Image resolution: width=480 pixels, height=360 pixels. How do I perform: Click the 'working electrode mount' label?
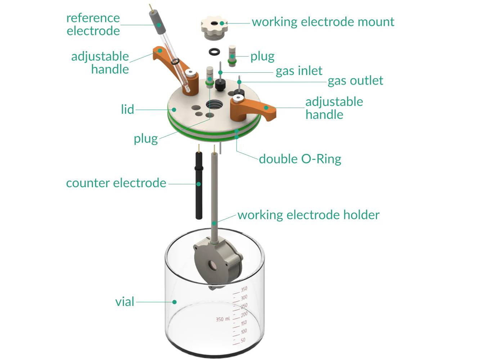coord(323,22)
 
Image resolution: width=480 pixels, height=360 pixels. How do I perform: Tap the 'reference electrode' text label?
coord(93,24)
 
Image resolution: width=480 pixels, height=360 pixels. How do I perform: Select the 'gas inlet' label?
coord(299,71)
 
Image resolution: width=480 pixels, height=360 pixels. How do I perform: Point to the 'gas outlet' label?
coord(355,81)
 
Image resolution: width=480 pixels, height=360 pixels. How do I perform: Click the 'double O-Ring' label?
coord(300,159)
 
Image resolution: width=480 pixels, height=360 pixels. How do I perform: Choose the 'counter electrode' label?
coord(116,183)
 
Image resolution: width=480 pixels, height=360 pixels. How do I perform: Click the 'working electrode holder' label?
coord(308,215)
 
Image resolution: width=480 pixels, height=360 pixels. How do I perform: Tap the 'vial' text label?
coord(125,302)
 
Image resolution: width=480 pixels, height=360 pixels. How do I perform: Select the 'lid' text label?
coord(127,109)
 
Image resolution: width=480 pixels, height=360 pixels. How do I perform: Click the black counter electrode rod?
coord(198,187)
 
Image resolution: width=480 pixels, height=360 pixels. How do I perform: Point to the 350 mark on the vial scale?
coord(244,289)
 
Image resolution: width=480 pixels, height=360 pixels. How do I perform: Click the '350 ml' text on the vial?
coord(223,319)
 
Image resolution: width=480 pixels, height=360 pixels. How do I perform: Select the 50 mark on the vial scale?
coord(243,340)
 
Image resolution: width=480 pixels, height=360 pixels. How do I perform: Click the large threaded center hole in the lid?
coord(214,105)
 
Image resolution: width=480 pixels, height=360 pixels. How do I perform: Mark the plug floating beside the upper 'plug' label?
coord(232,56)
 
